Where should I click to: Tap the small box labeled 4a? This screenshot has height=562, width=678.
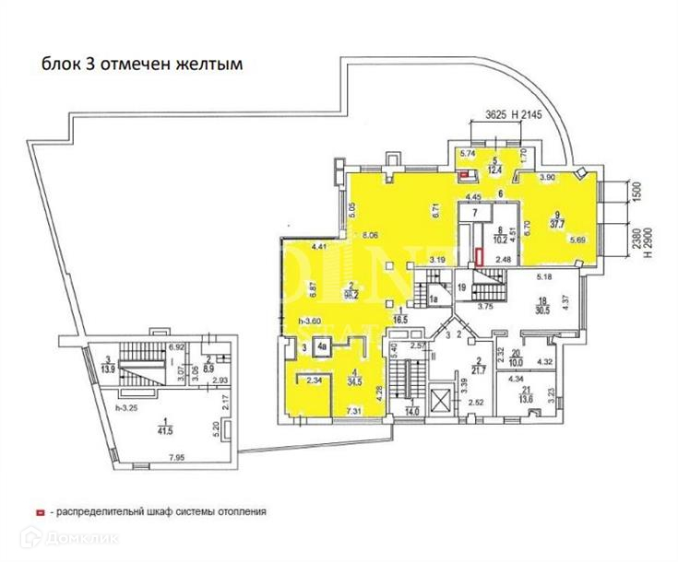click(323, 347)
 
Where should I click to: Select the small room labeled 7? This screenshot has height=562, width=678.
click(475, 213)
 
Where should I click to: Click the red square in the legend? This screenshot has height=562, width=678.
click(39, 510)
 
